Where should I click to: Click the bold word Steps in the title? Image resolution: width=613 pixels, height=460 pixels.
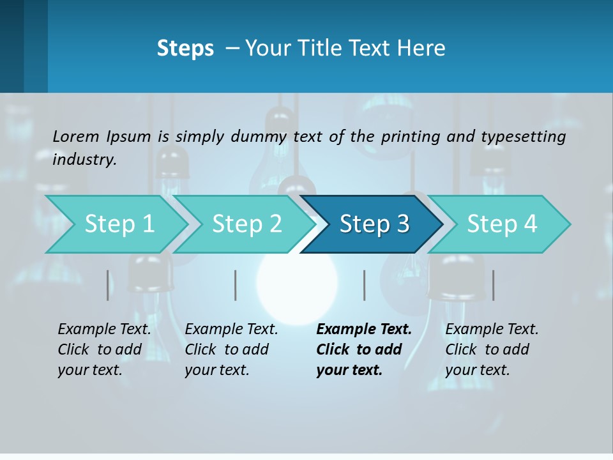(x=185, y=49)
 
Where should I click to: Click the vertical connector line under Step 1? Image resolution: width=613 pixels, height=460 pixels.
(x=108, y=285)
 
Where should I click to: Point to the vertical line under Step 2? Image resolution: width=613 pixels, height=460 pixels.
(x=236, y=285)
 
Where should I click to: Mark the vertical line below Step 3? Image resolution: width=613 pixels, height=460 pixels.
(x=364, y=285)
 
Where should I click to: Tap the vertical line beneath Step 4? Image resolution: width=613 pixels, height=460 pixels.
(x=493, y=285)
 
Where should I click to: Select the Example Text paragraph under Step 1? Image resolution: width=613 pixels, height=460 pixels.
(x=105, y=349)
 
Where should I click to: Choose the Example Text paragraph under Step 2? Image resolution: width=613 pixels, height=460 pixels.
(x=231, y=349)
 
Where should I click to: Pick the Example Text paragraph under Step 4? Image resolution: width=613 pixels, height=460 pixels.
(x=492, y=349)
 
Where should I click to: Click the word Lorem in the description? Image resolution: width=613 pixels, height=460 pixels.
(x=76, y=136)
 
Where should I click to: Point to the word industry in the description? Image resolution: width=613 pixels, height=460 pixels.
(x=84, y=160)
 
